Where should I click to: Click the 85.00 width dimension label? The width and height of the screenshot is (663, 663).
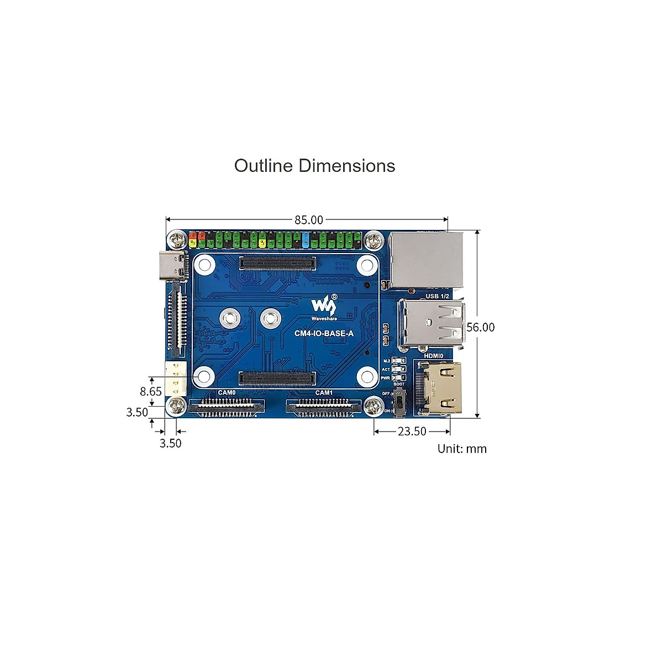coord(308,220)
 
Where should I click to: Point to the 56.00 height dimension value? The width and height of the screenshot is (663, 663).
coord(481,327)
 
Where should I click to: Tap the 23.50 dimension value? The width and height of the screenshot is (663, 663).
coord(412,432)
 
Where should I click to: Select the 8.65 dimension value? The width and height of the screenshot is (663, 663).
coord(151,391)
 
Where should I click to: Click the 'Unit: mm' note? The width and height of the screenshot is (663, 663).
coord(462,449)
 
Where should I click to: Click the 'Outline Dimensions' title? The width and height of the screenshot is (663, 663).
coord(314,166)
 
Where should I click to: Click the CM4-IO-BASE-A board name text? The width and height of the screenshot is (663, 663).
coord(324,333)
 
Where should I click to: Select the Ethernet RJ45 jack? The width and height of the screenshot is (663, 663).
coord(425,259)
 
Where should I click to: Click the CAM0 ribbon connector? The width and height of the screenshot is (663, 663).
coord(227,407)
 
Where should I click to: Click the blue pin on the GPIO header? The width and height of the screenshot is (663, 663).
coord(306,240)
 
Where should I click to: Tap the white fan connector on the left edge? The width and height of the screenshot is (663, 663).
coord(175,377)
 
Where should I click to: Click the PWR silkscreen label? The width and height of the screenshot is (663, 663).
coord(386,378)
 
